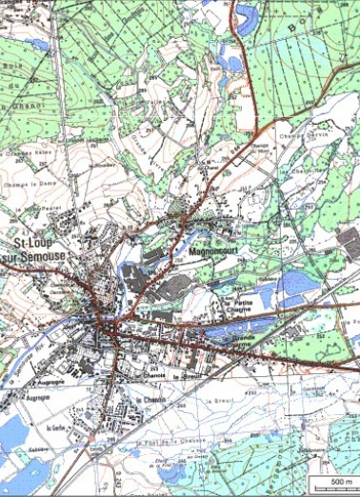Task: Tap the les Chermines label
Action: pos(306,170)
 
